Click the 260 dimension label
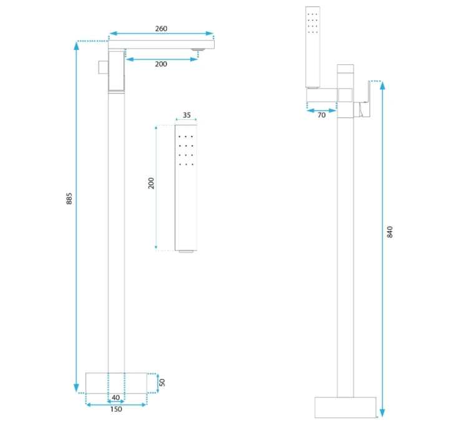click(161, 29)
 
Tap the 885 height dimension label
click(69, 199)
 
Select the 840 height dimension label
click(389, 232)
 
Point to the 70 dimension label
click(321, 115)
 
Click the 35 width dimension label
click(187, 115)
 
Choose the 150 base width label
click(116, 409)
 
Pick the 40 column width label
click(115, 397)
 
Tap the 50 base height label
click(162, 382)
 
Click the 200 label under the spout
click(161, 64)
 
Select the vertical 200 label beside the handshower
click(151, 183)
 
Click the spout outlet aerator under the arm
click(198, 49)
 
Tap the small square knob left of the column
click(103, 67)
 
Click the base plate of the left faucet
click(116, 383)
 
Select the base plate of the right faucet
click(345, 407)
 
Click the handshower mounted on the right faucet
click(313, 47)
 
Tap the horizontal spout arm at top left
click(161, 44)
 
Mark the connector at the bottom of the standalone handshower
click(186, 251)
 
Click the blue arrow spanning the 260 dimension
click(161, 34)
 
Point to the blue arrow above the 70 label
click(322, 111)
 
